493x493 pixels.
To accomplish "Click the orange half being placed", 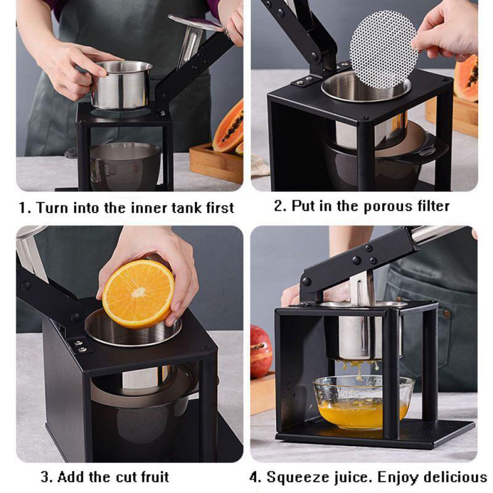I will (138, 294).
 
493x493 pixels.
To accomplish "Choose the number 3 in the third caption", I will (45, 477).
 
